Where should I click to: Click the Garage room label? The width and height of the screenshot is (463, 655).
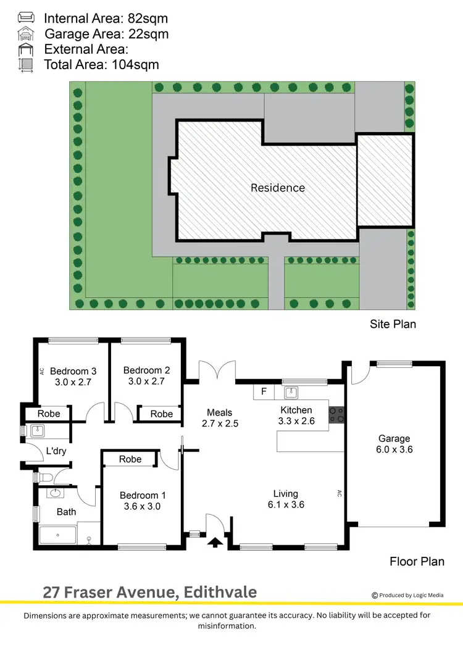pyautogui.click(x=394, y=439)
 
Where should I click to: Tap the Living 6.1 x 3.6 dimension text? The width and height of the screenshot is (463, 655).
pyautogui.click(x=286, y=504)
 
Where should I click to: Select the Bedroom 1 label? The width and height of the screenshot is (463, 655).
pyautogui.click(x=143, y=495)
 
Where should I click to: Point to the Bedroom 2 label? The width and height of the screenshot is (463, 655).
pyautogui.click(x=146, y=370)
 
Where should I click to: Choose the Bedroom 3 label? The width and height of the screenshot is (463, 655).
pyautogui.click(x=73, y=371)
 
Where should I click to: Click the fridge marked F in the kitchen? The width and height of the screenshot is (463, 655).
pyautogui.click(x=264, y=391)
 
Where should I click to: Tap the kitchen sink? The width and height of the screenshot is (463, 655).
pyautogui.click(x=291, y=392)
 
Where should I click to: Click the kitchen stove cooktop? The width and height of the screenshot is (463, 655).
pyautogui.click(x=337, y=414)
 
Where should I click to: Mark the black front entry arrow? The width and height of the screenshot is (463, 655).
pyautogui.click(x=215, y=542)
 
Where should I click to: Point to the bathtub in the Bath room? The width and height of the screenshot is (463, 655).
pyautogui.click(x=57, y=535)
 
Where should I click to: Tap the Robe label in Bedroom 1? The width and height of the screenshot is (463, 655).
pyautogui.click(x=130, y=459)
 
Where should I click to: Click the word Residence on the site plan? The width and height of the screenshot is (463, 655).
pyautogui.click(x=278, y=188)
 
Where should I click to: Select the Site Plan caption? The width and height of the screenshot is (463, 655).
pyautogui.click(x=393, y=323)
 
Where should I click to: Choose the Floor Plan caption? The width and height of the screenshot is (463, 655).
pyautogui.click(x=417, y=561)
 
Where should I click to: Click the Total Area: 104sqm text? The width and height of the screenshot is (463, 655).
pyautogui.click(x=101, y=64)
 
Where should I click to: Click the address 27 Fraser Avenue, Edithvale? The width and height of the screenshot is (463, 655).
pyautogui.click(x=149, y=593)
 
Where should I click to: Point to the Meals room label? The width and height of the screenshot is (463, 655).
pyautogui.click(x=220, y=412)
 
